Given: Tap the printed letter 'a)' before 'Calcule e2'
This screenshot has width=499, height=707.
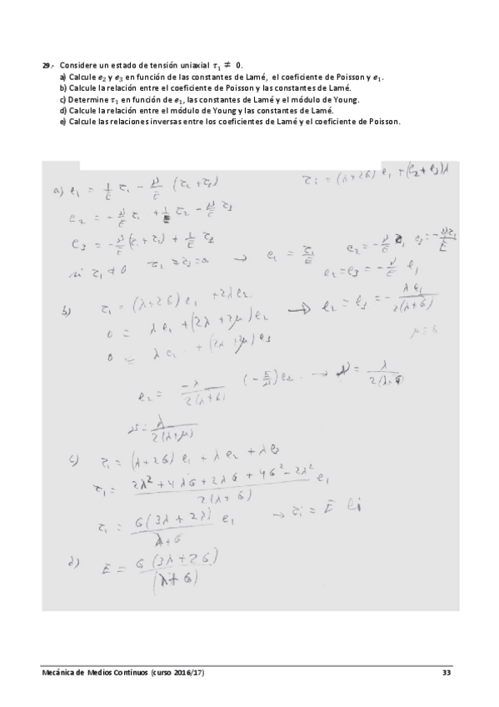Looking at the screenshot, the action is (x=63, y=76).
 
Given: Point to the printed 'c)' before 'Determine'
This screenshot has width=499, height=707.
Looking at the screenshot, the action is (x=63, y=99).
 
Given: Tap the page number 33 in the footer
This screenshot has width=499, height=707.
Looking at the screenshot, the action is (x=446, y=672).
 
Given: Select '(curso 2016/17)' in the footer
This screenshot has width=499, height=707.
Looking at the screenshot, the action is (x=177, y=672).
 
